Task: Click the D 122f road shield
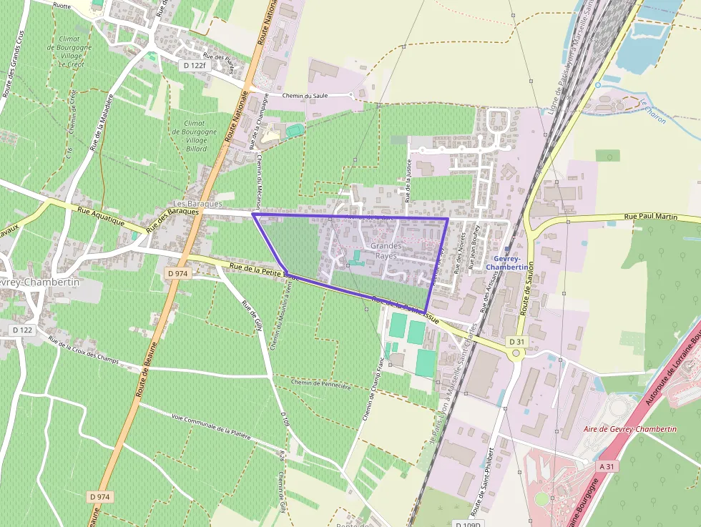tap(194, 66)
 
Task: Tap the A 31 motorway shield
tap(607, 466)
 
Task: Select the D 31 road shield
tap(517, 342)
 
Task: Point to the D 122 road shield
tap(23, 330)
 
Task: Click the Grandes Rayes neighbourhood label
tap(386, 250)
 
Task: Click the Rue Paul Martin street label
tap(650, 216)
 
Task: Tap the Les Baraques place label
tap(198, 204)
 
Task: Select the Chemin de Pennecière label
tap(322, 385)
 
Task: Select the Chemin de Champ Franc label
tap(373, 394)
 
